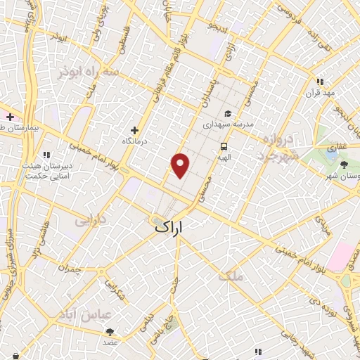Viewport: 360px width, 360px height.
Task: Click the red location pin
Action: [x=181, y=165]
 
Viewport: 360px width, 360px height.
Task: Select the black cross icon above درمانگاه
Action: [x=135, y=130]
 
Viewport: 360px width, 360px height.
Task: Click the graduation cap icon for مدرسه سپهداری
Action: [x=227, y=113]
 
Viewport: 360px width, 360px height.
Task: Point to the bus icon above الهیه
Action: [x=224, y=147]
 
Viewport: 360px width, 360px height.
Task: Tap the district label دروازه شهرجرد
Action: [x=278, y=147]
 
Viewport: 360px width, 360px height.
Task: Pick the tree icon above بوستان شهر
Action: [x=343, y=164]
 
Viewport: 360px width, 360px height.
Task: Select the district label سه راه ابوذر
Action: [x=100, y=72]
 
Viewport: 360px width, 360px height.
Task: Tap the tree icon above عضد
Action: [x=110, y=331]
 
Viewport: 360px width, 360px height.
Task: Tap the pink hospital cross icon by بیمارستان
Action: [x=10, y=116]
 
